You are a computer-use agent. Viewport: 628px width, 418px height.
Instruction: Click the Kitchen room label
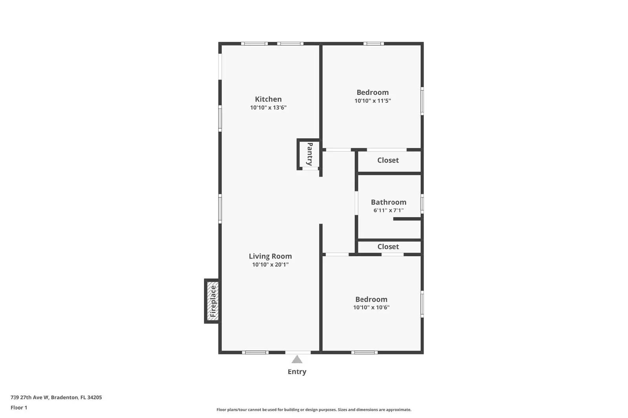coord(268,99)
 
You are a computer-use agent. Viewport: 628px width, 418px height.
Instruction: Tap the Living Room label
coord(270,256)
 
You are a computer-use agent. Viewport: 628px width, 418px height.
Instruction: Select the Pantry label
coord(310,154)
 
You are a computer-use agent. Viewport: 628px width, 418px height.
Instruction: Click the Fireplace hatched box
coord(213,301)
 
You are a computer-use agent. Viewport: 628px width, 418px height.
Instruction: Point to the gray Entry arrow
coord(297,359)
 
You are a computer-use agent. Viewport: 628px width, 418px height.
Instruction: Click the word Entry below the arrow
coord(297,372)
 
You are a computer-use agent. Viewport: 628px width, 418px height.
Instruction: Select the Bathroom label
coord(389,202)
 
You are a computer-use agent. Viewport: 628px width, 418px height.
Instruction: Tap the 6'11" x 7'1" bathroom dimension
coord(389,210)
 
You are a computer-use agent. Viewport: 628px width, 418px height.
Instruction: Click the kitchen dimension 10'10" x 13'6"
coord(268,107)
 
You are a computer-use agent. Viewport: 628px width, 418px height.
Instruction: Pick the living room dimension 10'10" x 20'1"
coord(270,264)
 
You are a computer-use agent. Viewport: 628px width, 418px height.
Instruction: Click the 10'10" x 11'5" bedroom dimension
coord(372,101)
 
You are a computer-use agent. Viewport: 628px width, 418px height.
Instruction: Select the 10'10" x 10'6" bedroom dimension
coord(371,308)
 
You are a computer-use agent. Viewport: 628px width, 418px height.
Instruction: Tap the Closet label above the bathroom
coord(388,160)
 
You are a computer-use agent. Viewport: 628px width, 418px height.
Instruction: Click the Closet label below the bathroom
coord(388,247)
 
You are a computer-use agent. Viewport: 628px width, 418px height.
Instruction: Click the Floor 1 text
coord(19,407)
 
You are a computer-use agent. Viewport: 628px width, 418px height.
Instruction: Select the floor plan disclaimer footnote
coord(314,410)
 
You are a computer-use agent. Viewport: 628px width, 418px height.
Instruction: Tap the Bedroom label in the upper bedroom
coord(372,92)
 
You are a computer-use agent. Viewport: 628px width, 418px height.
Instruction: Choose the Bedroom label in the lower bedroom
coord(371,299)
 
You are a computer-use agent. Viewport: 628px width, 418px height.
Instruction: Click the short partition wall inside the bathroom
coord(407,219)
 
